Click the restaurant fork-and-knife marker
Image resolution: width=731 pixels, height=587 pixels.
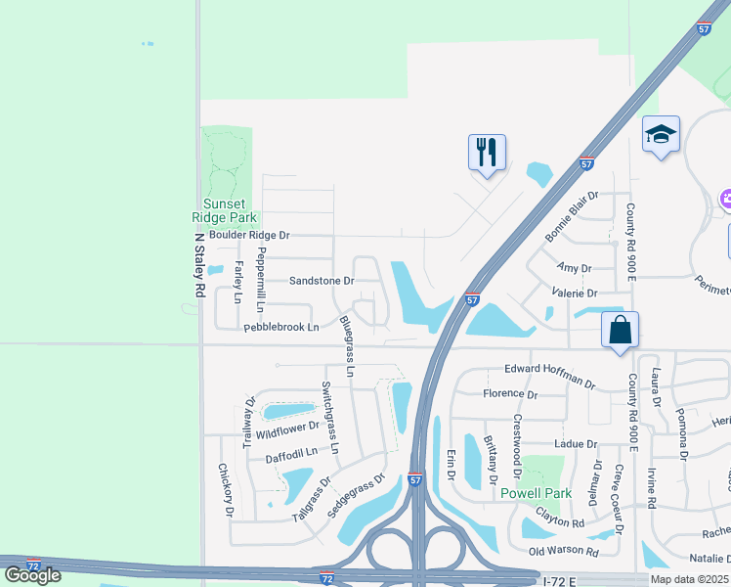tap(487, 153)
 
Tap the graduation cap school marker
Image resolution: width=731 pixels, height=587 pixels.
tap(661, 134)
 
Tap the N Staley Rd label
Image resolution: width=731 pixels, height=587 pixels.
tap(199, 264)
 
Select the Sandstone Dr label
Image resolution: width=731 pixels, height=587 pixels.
tap(321, 280)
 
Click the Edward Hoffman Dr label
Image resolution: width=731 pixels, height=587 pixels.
tap(549, 373)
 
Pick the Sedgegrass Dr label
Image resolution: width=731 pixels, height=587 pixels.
tap(357, 496)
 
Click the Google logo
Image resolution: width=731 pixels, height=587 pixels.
tap(32, 575)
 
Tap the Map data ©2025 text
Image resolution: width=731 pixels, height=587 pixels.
tap(690, 579)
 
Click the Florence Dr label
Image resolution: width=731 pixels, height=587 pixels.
tap(510, 394)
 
